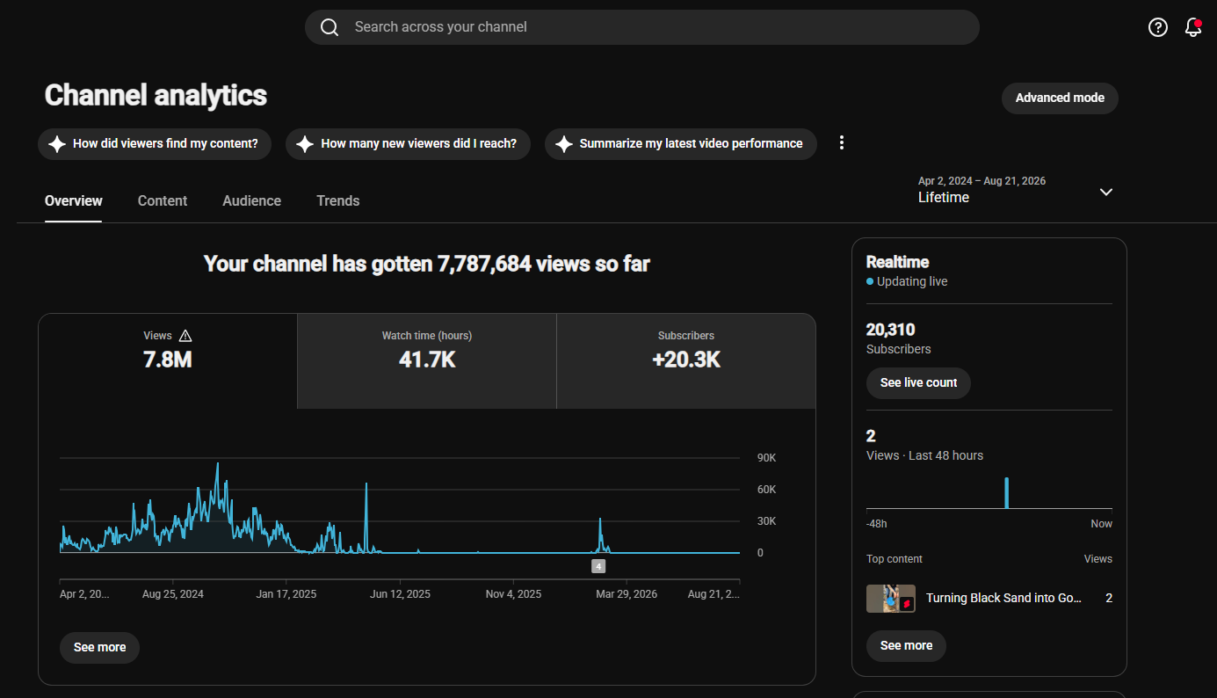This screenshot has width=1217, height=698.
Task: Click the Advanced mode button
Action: (1060, 98)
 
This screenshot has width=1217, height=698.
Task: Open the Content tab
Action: (163, 200)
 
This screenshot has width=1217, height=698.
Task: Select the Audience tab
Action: (251, 200)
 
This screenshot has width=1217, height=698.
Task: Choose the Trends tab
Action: (338, 200)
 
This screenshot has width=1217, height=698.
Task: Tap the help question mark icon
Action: (1158, 27)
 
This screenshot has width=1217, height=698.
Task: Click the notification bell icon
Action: (1193, 27)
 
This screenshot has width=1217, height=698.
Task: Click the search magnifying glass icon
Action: (330, 27)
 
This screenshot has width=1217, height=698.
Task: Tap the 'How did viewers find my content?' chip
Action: (155, 143)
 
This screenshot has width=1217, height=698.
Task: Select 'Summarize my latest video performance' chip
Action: (681, 143)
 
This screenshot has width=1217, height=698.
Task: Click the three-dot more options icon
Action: (842, 143)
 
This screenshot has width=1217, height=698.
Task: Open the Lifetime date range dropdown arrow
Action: (1106, 192)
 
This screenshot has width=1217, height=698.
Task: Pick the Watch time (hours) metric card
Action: (427, 361)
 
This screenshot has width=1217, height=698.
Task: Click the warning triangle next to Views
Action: (185, 336)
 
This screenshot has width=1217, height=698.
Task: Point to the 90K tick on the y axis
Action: (766, 458)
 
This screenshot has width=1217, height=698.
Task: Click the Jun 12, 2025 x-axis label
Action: (400, 594)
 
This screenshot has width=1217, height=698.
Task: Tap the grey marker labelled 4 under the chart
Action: (598, 566)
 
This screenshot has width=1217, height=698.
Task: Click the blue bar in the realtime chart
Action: (1007, 493)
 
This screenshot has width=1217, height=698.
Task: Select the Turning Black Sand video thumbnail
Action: (890, 599)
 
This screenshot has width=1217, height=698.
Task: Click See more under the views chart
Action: (99, 647)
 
